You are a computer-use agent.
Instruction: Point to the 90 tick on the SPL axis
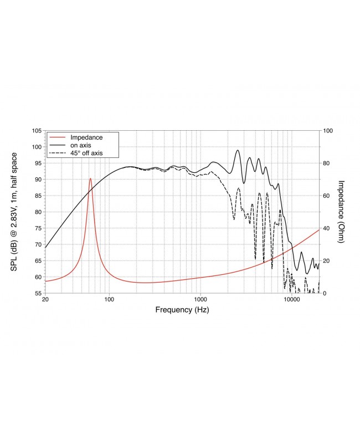(x=37, y=180)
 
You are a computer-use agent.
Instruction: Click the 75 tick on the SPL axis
(x=37, y=228)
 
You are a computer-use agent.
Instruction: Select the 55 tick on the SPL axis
(x=37, y=293)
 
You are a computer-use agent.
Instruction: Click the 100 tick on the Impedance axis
(x=328, y=131)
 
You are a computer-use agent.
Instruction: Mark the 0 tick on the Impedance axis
(x=325, y=293)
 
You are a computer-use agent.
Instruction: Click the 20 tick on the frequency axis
(x=45, y=300)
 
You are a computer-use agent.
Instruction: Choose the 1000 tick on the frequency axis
(x=200, y=300)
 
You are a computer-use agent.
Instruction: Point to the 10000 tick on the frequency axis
(x=292, y=300)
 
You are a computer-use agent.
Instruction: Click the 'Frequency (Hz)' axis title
(x=182, y=310)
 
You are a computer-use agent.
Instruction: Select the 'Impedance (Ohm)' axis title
(x=342, y=212)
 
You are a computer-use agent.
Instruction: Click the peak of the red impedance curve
(x=90, y=178)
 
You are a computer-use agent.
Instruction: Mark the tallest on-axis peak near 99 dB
(x=238, y=150)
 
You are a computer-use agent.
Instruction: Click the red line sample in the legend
(x=58, y=136)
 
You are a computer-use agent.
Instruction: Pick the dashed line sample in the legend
(x=58, y=152)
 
